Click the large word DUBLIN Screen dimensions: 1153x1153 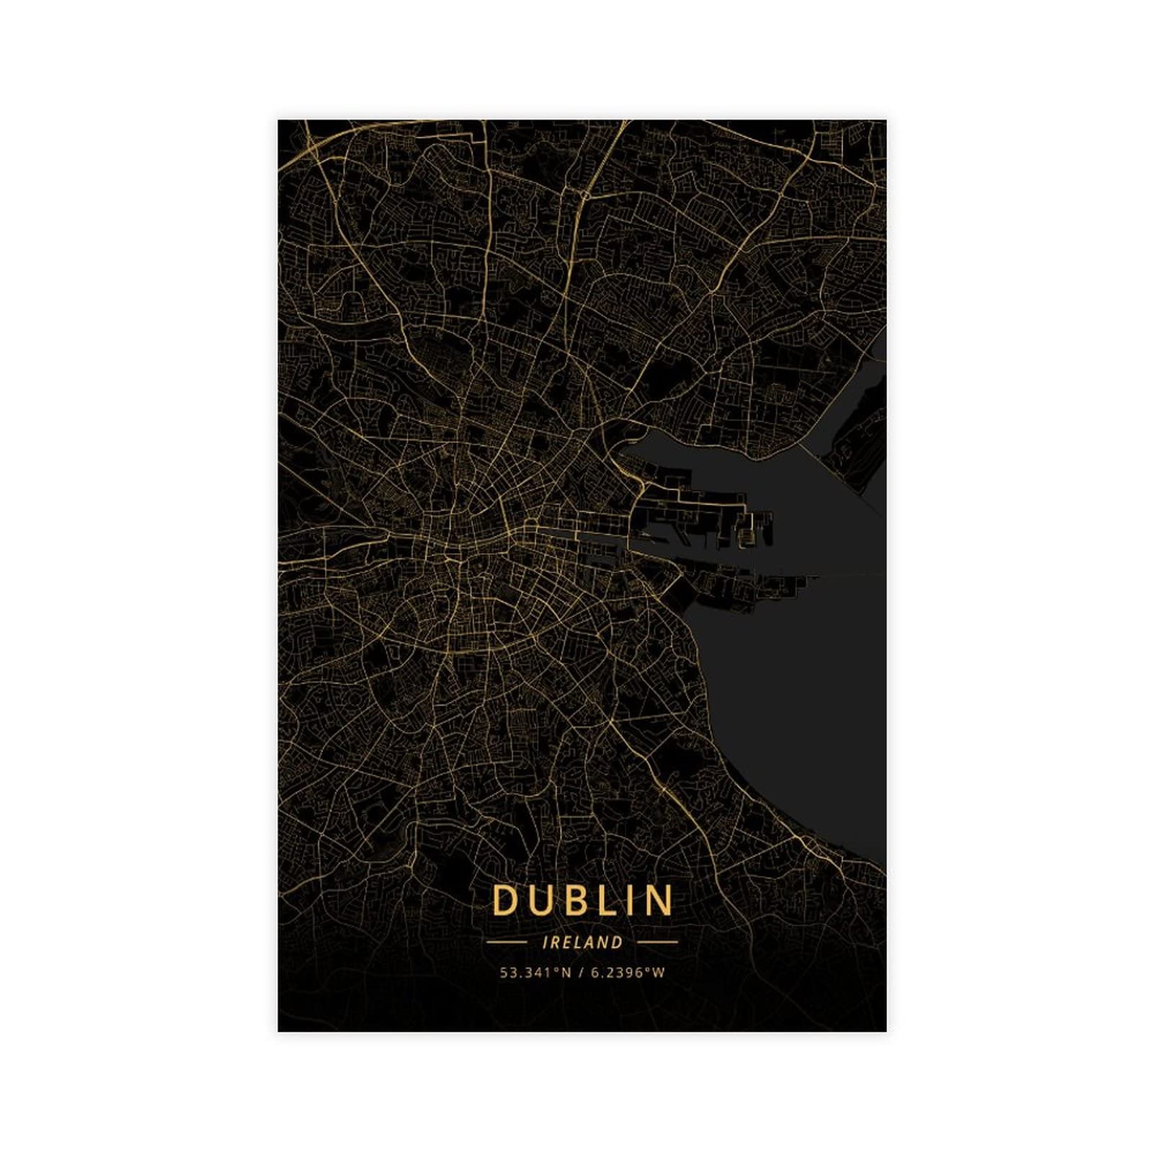pos(582,900)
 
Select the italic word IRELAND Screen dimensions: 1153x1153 pos(582,942)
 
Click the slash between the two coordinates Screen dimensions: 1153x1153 pos(581,973)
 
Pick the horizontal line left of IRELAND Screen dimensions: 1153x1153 pos(507,942)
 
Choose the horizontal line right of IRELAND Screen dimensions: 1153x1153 pos(658,942)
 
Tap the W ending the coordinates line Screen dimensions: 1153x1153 pos(659,973)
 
